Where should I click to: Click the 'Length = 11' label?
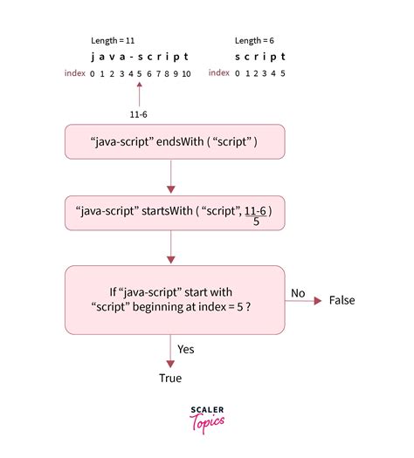tap(114, 40)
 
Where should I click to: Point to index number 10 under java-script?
tap(185, 73)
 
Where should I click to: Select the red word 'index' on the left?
tap(75, 73)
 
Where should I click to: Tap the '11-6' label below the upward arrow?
tap(140, 113)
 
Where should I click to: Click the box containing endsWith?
tap(175, 142)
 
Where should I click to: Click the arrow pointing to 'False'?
tap(305, 301)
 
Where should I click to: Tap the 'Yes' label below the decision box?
tap(185, 349)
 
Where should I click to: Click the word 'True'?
tap(171, 378)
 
